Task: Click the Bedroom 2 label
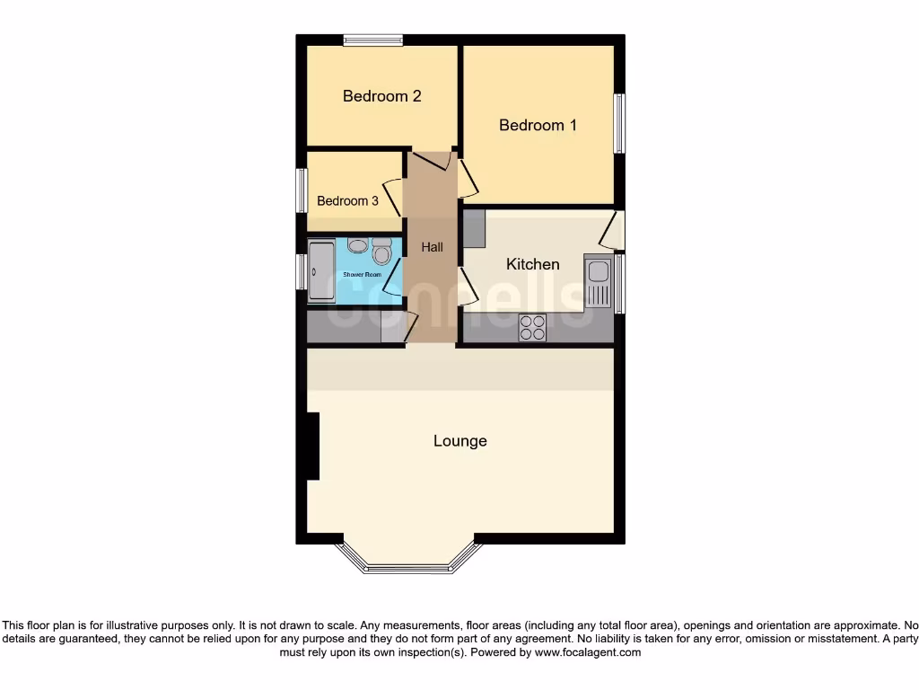click(x=382, y=96)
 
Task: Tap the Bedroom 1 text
click(x=538, y=126)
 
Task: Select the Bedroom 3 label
click(x=347, y=201)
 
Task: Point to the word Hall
click(x=432, y=247)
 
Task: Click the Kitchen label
click(x=533, y=264)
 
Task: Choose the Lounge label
click(x=460, y=441)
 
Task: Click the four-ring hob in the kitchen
click(x=532, y=328)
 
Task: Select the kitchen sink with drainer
click(x=597, y=281)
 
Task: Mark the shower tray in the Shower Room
click(x=320, y=271)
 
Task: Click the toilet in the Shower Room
click(x=381, y=252)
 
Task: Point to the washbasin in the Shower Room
click(x=357, y=245)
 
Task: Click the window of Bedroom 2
click(x=372, y=40)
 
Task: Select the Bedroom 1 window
click(x=619, y=123)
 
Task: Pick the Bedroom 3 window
click(x=302, y=190)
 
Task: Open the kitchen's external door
click(x=612, y=231)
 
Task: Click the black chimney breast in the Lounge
click(x=312, y=446)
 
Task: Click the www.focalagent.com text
click(x=587, y=653)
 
